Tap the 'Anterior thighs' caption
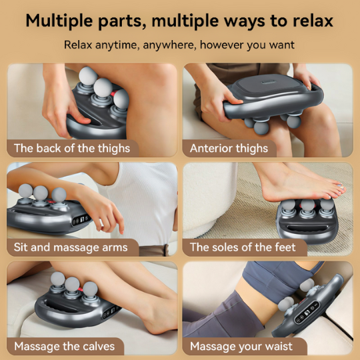(229, 148)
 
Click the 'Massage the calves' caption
(64, 346)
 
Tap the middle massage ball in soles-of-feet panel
(307, 208)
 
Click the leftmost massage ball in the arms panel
(26, 193)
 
